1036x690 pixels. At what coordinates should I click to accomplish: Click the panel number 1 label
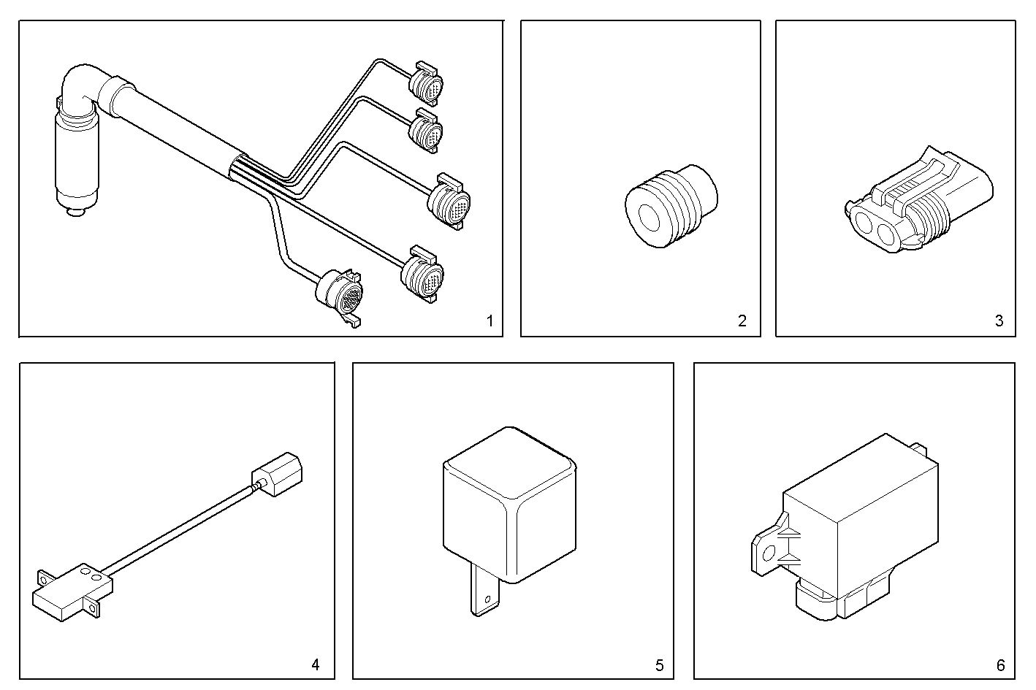coord(490,321)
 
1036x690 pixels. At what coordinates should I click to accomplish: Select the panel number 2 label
coord(742,321)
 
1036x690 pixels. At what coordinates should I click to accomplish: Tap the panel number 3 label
coord(999,321)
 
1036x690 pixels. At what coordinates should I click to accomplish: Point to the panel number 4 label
coord(315,664)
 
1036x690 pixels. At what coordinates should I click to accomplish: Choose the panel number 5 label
coord(659,665)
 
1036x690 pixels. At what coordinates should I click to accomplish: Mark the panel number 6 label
coord(1000,665)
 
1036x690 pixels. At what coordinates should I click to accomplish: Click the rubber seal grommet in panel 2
coord(671,207)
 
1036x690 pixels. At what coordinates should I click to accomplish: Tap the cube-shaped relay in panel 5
coord(509,504)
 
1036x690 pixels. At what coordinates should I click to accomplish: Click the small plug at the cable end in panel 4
coord(278,475)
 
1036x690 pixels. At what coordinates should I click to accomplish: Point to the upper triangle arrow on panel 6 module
coord(788,534)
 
